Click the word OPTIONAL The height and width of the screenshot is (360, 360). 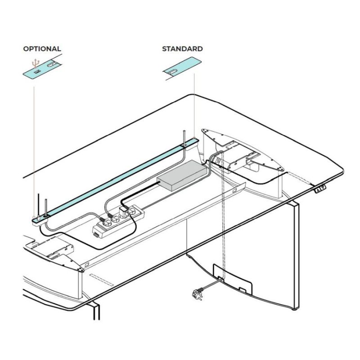42,49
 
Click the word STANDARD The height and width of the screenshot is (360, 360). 182,49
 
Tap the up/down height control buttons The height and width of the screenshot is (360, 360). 320,189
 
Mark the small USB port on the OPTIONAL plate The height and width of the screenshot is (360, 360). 36,72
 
